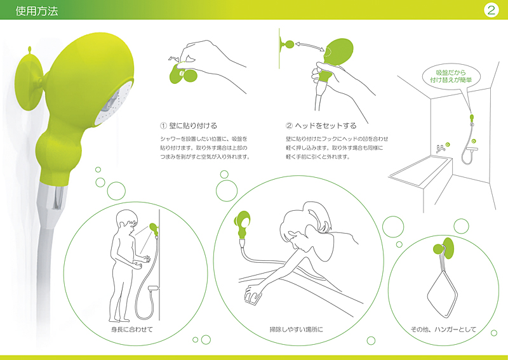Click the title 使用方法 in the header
[37, 11]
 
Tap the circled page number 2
[491, 10]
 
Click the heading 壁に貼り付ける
[193, 126]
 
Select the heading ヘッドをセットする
[326, 126]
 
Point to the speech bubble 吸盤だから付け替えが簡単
[451, 76]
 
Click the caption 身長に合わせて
[131, 330]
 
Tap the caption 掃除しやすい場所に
[296, 330]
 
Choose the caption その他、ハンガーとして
[443, 330]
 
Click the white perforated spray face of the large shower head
[115, 103]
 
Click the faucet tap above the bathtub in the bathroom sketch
[440, 149]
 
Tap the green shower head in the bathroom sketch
[472, 117]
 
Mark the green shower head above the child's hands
[154, 229]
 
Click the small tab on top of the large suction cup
[29, 51]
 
